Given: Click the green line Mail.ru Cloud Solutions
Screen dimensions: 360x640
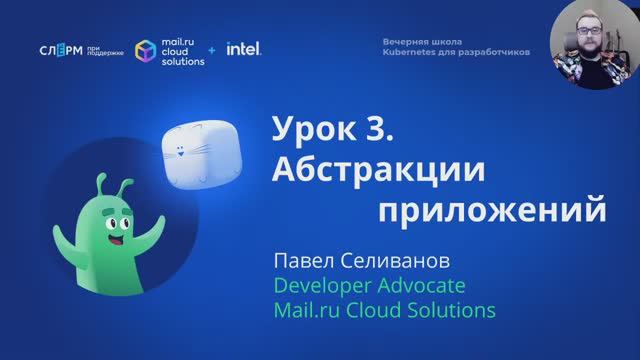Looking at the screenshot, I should tap(384, 311).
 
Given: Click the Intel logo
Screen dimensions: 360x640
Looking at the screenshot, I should tap(244, 48).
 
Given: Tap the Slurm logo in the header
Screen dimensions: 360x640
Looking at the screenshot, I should tap(62, 51).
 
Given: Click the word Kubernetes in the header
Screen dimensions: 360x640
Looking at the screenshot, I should tap(413, 52).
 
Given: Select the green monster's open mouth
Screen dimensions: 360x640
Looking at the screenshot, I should tap(113, 241).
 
